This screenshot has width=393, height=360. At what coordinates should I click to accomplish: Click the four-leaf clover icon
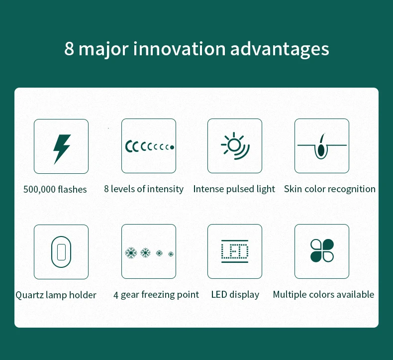[322, 250]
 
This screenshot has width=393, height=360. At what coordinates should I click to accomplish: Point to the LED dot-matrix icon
[235, 251]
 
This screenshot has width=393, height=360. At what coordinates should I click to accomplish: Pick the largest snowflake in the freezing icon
[131, 252]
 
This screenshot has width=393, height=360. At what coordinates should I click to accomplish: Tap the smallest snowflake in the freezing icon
[171, 254]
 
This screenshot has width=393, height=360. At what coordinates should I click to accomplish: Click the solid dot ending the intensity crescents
[172, 147]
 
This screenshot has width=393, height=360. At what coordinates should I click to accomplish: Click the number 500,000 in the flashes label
[39, 189]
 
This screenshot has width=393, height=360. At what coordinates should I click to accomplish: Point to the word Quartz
[29, 295]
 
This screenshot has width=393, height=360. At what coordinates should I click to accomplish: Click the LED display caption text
[235, 295]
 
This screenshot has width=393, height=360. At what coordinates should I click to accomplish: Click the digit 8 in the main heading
[69, 48]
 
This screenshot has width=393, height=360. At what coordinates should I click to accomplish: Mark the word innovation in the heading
[180, 48]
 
